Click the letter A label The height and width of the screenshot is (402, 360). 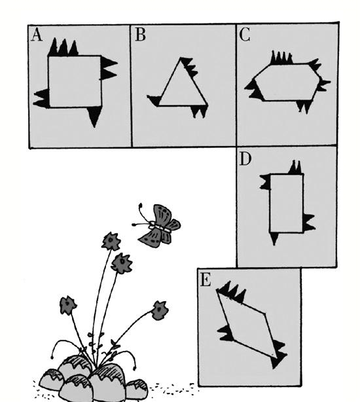37,35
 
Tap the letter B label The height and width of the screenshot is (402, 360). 140,35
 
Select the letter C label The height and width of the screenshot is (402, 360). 245,35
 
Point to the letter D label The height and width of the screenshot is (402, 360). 245,159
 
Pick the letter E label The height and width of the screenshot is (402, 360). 206,280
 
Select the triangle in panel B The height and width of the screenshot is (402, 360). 183,82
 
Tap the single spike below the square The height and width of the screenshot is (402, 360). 94,117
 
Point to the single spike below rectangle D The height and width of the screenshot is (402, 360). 274,239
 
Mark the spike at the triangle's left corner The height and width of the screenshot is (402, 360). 154,100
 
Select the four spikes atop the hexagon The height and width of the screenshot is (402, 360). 281,58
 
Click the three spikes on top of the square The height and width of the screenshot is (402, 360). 63,47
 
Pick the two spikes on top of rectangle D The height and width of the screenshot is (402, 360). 295,168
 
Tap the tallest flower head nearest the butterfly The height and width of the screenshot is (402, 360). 111,241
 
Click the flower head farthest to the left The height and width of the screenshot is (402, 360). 68,305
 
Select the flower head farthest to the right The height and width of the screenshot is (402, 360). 160,310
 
